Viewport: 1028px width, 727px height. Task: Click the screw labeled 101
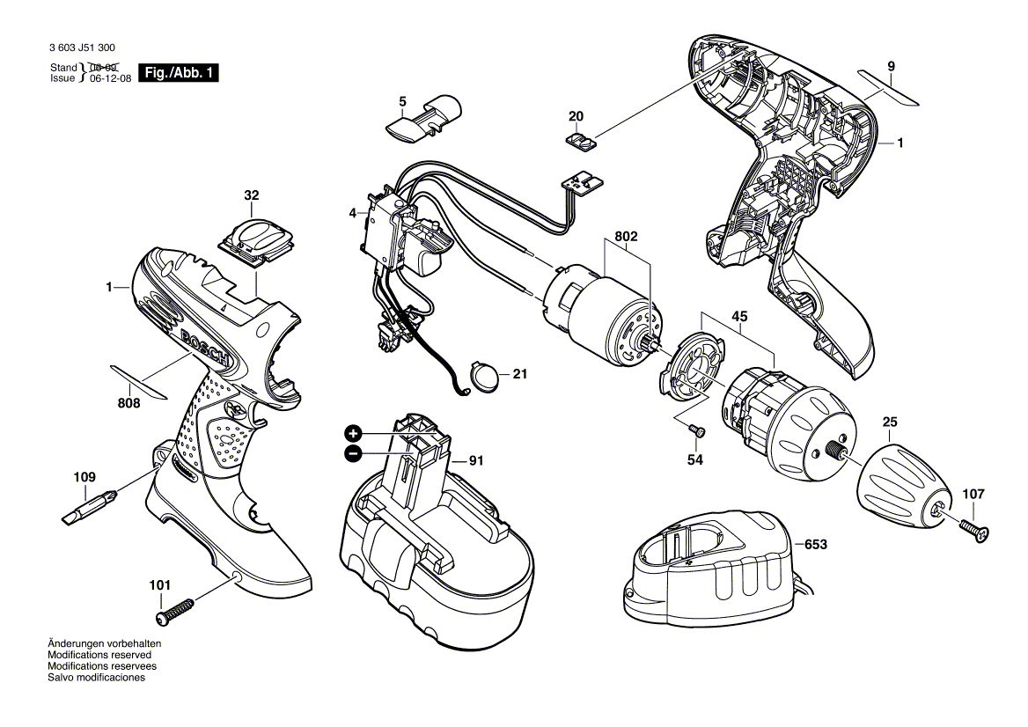tap(176, 609)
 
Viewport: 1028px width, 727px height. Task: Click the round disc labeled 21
tap(485, 376)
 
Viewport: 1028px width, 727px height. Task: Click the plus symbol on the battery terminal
tap(353, 433)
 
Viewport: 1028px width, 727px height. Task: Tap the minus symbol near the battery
tap(353, 453)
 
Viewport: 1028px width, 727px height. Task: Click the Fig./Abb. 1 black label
tap(179, 73)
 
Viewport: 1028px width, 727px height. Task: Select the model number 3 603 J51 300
tap(83, 49)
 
